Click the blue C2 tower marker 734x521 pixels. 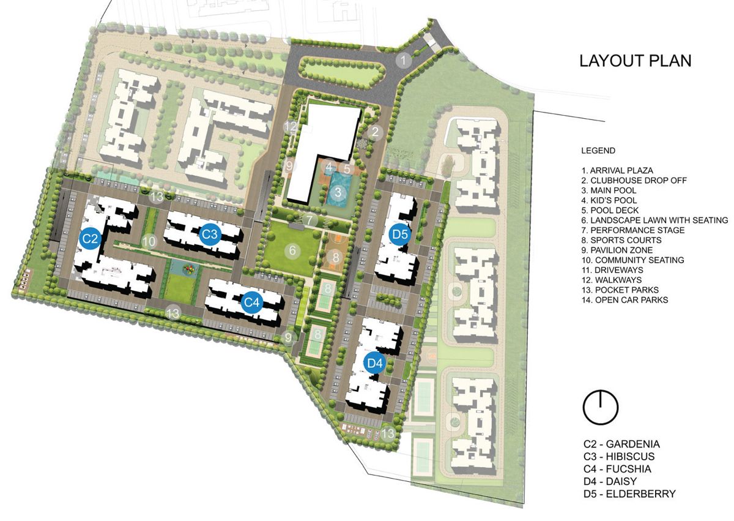point(91,238)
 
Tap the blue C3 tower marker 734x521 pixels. point(210,234)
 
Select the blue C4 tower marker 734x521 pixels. point(252,302)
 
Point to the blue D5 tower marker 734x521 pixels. point(399,234)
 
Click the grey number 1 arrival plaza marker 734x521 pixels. point(403,60)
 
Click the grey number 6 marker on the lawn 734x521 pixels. point(292,250)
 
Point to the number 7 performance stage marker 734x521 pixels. point(310,219)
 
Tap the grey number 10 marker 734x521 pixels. point(149,241)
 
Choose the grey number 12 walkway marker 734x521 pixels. point(292,127)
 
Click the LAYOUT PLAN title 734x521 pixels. point(635,61)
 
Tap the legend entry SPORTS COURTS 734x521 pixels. point(621,240)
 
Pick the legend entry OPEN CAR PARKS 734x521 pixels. point(625,300)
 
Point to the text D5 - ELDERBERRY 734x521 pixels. point(629,493)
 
